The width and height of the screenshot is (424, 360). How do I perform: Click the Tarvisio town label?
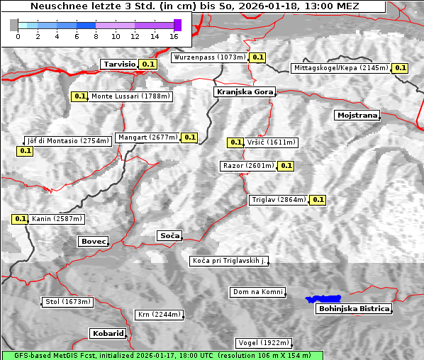(x=119, y=64)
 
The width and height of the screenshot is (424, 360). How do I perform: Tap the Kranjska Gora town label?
(x=243, y=91)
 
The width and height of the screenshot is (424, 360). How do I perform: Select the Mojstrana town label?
(x=357, y=115)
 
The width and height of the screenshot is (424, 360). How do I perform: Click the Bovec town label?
(x=93, y=242)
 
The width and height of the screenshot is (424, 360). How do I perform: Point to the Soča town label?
(x=169, y=235)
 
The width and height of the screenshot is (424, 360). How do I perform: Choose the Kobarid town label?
(x=108, y=333)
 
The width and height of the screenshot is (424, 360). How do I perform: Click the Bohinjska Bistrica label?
(x=354, y=308)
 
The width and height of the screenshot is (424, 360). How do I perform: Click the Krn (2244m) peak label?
(x=159, y=315)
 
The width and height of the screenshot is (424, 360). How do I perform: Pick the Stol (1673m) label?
(x=67, y=302)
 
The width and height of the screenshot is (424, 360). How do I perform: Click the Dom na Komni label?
(x=258, y=292)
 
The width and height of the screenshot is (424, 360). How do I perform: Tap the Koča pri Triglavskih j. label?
(x=229, y=261)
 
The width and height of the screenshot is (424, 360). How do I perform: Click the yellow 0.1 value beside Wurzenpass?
(x=257, y=57)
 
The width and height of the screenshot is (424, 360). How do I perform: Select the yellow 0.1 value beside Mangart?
(x=189, y=137)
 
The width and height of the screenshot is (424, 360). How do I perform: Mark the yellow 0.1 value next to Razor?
(x=285, y=166)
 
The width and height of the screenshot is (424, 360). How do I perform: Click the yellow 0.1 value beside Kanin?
(x=20, y=219)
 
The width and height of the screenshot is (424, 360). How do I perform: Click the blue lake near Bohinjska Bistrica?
(x=323, y=299)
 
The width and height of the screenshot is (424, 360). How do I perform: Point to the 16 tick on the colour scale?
(x=174, y=36)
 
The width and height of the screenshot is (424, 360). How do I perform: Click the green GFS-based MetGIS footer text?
(x=162, y=355)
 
